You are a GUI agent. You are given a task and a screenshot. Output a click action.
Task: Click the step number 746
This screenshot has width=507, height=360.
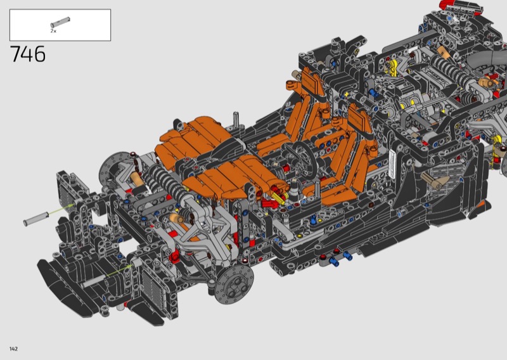[x=28, y=54]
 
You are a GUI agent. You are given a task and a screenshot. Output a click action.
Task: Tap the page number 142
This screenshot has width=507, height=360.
[x=13, y=349]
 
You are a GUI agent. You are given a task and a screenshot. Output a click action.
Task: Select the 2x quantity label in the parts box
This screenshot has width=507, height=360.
[x=53, y=31]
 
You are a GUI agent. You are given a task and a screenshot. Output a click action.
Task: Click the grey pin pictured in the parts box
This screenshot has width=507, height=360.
[x=60, y=22]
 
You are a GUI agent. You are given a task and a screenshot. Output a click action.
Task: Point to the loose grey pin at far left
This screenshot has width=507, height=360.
[x=36, y=218]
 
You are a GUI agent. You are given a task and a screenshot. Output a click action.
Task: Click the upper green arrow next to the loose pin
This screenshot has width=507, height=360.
[x=61, y=209]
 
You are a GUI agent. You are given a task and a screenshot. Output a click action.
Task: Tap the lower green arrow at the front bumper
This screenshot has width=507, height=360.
[x=120, y=269]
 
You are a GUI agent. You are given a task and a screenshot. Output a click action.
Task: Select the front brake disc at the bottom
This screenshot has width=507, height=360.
[x=234, y=285]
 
